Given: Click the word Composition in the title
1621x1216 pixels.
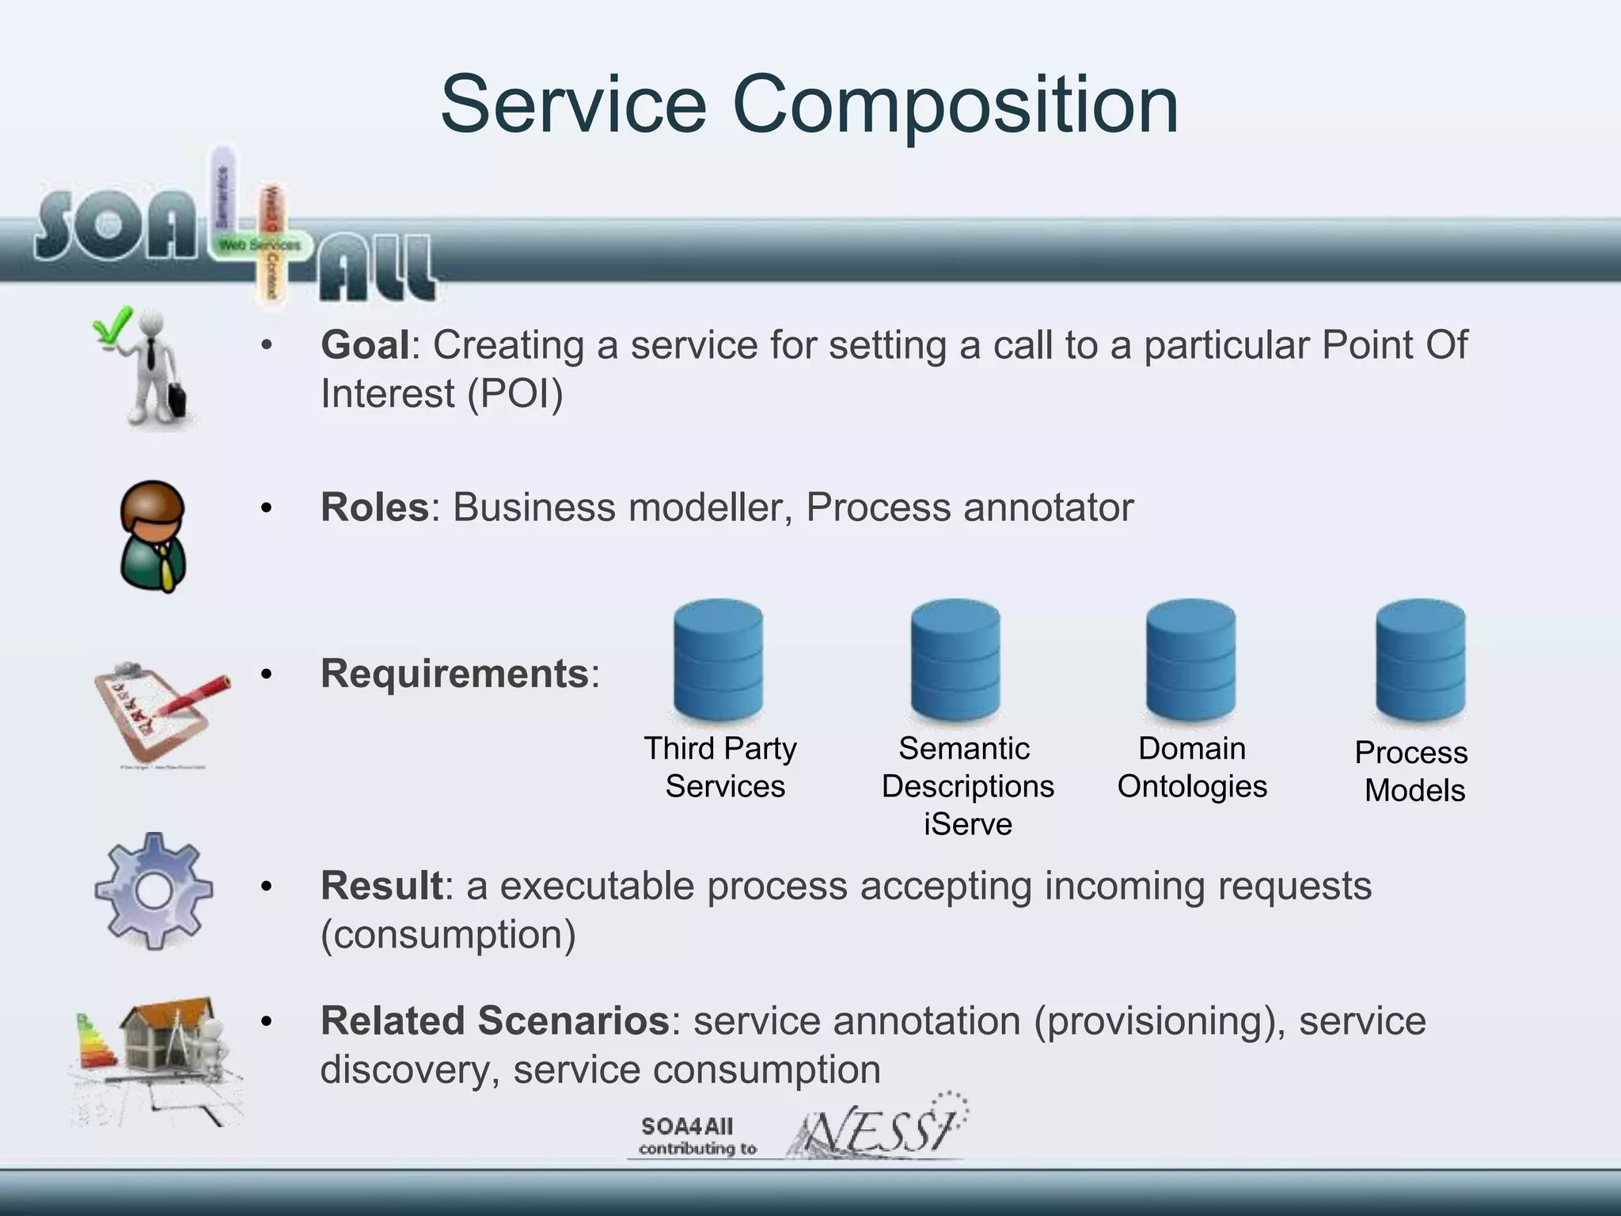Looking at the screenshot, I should coord(955,105).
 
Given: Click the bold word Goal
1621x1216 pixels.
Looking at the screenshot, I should coord(365,346).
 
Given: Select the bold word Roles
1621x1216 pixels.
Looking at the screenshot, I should coord(374,507).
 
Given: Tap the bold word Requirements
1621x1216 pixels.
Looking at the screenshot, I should coord(454,674).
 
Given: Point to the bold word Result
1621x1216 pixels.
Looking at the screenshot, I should coord(381,886).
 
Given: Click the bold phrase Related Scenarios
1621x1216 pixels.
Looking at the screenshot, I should coord(495,1021).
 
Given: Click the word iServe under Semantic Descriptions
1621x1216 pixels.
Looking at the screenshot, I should coord(967,825).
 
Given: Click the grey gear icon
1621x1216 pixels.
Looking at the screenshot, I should coord(154,891).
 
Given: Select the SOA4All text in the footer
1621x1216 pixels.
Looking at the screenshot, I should coord(687,1127).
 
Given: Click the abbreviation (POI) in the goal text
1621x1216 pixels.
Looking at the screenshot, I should coord(515,394).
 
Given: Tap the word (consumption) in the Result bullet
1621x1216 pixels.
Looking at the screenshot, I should coord(448,935).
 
